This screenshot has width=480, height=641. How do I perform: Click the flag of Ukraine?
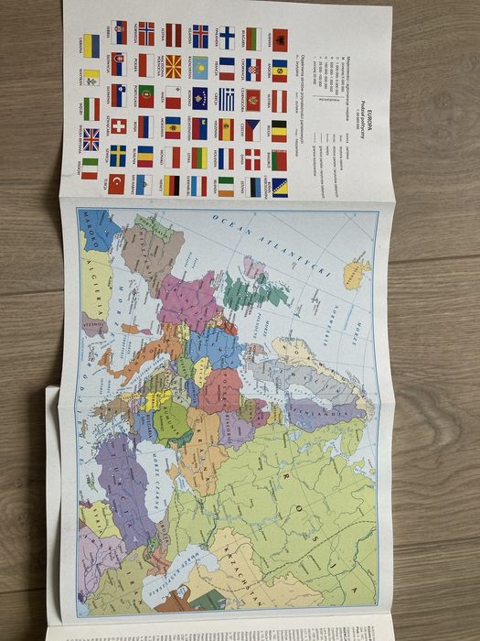pyautogui.click(x=91, y=46)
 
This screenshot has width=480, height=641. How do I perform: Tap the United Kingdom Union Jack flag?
pyautogui.click(x=91, y=139)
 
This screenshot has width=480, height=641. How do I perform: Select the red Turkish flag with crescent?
pyautogui.click(x=117, y=183)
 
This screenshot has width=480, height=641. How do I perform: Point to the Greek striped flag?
pyautogui.click(x=226, y=98)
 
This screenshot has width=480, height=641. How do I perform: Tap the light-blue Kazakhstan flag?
pyautogui.click(x=199, y=66)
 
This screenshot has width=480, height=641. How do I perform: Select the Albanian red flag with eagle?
pyautogui.click(x=281, y=39)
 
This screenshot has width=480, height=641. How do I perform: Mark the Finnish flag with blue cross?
pyautogui.click(x=226, y=38)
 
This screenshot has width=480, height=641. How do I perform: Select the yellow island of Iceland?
pyautogui.click(x=356, y=273)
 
